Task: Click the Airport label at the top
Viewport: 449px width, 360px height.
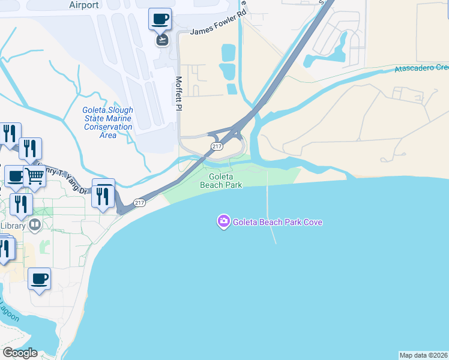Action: [x=83, y=5]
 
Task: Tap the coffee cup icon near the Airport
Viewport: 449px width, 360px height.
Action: [x=160, y=19]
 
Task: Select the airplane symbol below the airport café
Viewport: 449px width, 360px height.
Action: [x=162, y=40]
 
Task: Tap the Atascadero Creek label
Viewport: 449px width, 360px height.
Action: [x=421, y=68]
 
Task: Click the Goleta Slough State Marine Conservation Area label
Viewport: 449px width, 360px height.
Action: [x=108, y=122]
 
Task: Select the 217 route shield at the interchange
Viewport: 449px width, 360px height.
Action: [x=215, y=146]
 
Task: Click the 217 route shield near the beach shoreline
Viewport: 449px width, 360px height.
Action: [x=139, y=203]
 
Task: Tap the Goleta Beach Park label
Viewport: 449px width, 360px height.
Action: [x=225, y=181]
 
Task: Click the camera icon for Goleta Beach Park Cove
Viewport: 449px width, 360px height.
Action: [x=223, y=222]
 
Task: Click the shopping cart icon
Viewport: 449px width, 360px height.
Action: [x=35, y=175]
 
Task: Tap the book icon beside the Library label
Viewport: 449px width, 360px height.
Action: [x=35, y=226]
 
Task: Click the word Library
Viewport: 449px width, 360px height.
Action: [x=13, y=226]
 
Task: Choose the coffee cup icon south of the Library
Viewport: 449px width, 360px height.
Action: [x=39, y=278]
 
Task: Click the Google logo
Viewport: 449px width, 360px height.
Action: [x=20, y=353]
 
